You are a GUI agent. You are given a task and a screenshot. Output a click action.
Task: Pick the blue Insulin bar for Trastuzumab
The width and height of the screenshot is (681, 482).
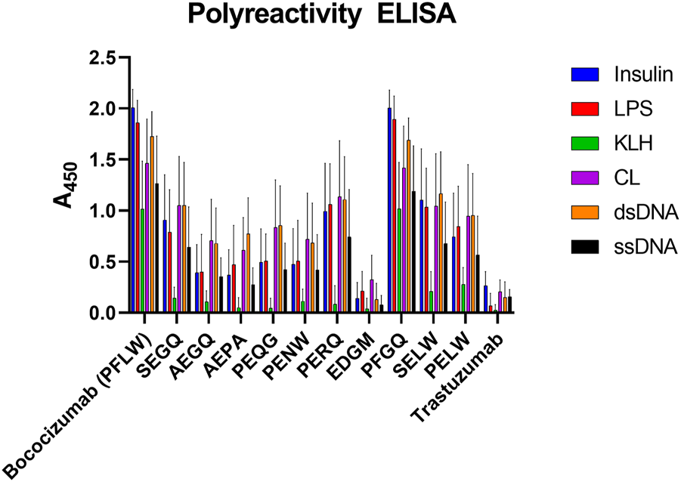pos(486,299)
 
